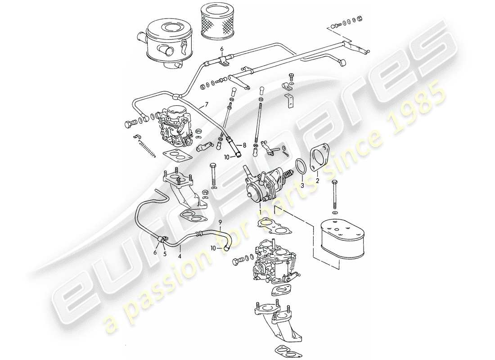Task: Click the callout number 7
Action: [x=207, y=105]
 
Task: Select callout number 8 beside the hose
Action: [x=244, y=145]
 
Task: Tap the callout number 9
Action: [x=220, y=222]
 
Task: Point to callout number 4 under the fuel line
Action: [x=180, y=257]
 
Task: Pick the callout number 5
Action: [x=165, y=254]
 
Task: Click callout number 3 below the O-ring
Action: [x=302, y=185]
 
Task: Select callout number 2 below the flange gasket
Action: [x=317, y=180]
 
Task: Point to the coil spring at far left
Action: [x=148, y=148]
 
